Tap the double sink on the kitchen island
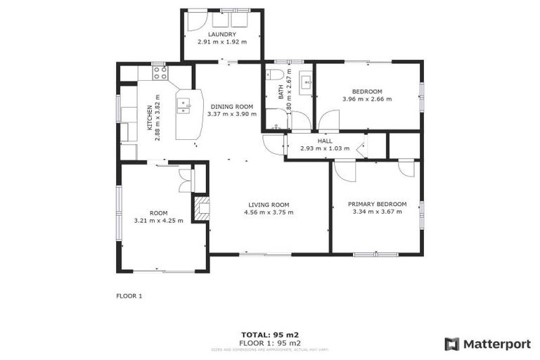click(x=183, y=107)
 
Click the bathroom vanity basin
click(x=307, y=82)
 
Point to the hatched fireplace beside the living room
click(x=202, y=207)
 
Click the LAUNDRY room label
click(x=222, y=34)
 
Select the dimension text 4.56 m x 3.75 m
click(x=269, y=212)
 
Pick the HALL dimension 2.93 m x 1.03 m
click(x=325, y=148)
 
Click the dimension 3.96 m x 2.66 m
click(x=367, y=99)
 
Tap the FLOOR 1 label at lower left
click(x=129, y=296)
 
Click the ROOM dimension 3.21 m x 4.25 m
click(x=159, y=220)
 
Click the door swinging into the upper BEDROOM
click(x=328, y=120)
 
